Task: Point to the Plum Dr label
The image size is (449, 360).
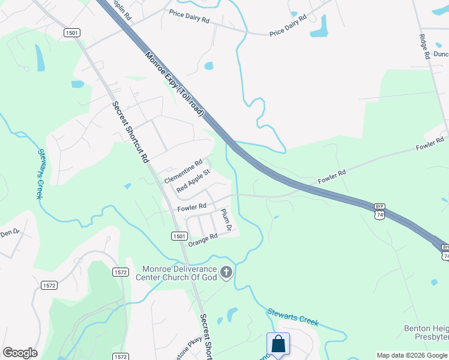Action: click(x=226, y=220)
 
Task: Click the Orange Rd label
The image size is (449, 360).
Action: click(x=202, y=239)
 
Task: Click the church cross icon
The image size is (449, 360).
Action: click(x=226, y=273)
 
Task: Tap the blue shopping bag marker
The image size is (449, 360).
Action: click(x=278, y=344)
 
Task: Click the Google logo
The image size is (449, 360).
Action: click(x=20, y=353)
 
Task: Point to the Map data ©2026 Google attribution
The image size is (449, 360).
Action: click(x=412, y=355)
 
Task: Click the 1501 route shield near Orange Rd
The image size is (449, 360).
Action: click(x=179, y=236)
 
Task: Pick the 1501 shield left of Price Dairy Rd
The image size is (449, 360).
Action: click(x=72, y=33)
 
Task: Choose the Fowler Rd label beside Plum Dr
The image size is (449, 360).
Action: click(x=191, y=208)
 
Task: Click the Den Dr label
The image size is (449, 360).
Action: click(x=10, y=233)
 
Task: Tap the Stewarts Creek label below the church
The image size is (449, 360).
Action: click(x=292, y=317)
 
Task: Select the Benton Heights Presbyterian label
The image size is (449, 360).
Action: click(x=426, y=334)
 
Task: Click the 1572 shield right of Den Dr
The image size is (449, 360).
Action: click(x=49, y=286)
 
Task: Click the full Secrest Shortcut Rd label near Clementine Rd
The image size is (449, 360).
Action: click(x=130, y=132)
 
